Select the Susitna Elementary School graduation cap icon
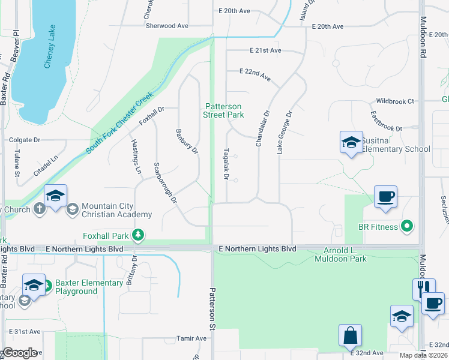[351, 142]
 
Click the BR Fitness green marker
[408, 226]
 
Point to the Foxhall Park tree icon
[138, 235]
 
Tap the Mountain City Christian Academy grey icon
[73, 209]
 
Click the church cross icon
[40, 209]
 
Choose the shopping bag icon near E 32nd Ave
[350, 335]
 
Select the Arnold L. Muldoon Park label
[340, 254]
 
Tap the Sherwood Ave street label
[166, 26]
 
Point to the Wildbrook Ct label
[394, 101]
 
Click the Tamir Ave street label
[192, 338]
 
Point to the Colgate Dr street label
[24, 140]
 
